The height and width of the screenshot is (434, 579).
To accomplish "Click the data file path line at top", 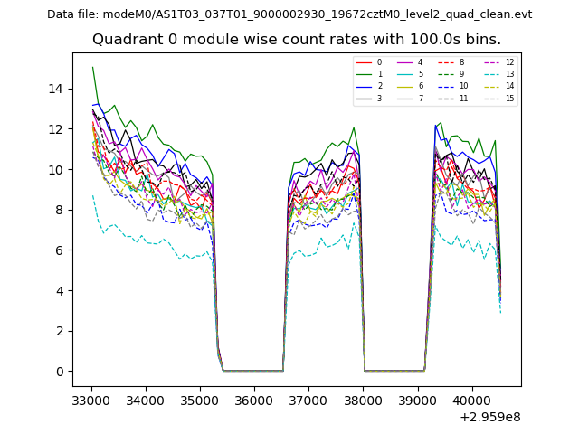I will (x=289, y=14).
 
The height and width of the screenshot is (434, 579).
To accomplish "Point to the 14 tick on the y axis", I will (x=61, y=89).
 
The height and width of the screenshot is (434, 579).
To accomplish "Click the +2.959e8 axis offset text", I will (x=490, y=417).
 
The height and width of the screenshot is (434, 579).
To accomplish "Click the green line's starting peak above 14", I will (x=92, y=67).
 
